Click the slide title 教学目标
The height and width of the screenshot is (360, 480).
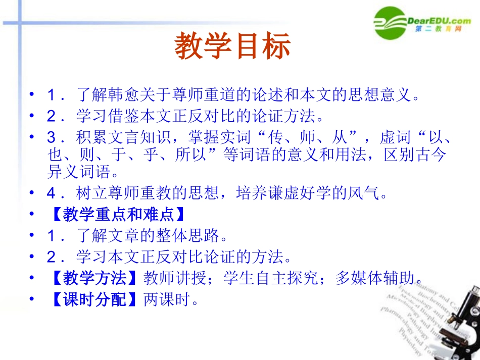(x=233, y=47)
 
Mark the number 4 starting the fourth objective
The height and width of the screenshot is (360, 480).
(x=52, y=193)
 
